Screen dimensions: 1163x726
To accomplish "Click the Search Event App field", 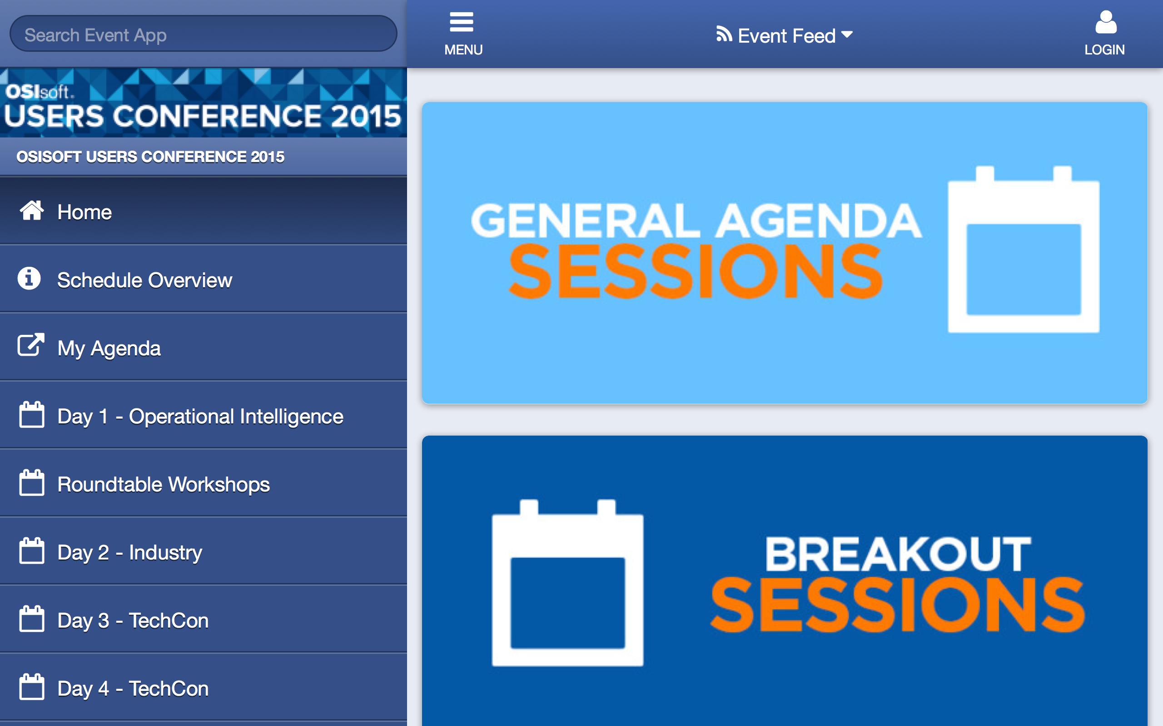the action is (203, 34).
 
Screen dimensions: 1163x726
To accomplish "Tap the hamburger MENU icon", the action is (462, 22).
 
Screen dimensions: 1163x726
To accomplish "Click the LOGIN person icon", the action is (1106, 22).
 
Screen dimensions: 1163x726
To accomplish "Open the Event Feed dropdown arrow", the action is (847, 34).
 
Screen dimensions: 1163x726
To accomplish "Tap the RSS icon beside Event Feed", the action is (724, 34).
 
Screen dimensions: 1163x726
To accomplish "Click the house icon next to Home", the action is (32, 210).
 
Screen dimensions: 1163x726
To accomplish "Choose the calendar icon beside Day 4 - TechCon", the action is (32, 687).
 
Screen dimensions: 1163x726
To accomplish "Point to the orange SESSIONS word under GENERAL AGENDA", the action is (696, 271).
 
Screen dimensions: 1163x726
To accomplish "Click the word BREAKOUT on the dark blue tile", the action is (898, 554).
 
